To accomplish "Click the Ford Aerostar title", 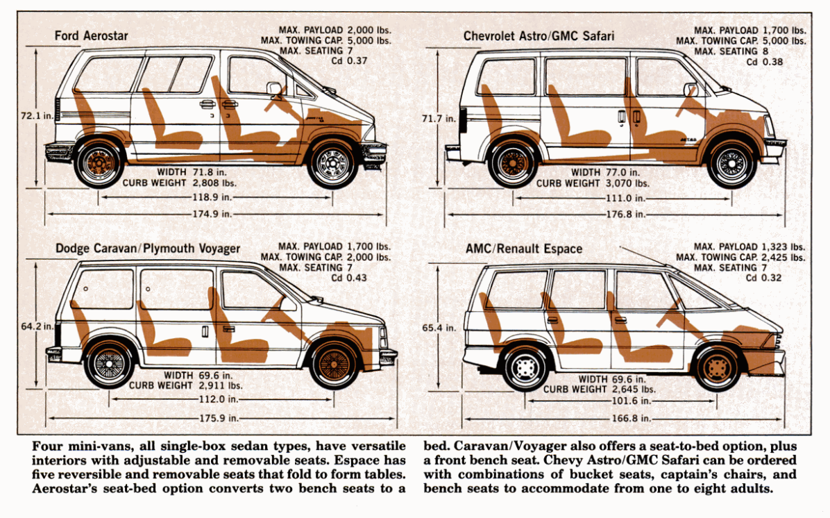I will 91,35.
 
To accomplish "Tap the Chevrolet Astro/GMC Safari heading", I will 539,35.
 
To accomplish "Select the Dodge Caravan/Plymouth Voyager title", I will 148,249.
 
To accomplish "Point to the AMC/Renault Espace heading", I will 525,249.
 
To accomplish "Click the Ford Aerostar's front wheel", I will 332,163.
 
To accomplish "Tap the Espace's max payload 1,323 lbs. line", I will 749,247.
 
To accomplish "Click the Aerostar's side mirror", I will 275,88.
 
